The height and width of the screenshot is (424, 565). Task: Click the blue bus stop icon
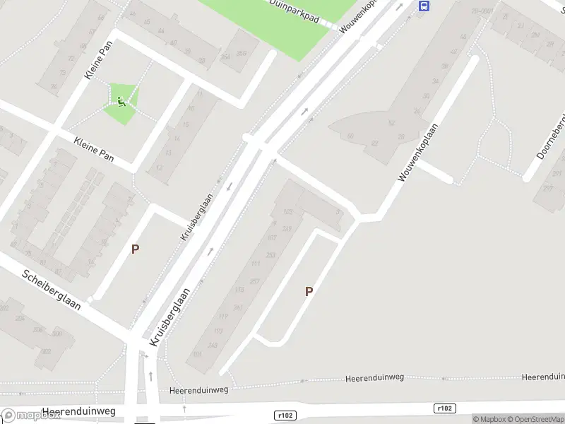424,6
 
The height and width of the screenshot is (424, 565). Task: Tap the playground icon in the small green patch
121,102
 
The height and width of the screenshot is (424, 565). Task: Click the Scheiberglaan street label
51,290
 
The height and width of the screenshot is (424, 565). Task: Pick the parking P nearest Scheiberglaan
135,249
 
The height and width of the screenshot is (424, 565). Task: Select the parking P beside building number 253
309,291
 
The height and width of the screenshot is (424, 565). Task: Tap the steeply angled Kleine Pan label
98,61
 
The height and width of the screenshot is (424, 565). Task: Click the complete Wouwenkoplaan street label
418,153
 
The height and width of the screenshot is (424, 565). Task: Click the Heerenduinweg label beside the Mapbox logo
78,411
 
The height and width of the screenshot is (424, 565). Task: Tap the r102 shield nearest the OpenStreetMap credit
444,408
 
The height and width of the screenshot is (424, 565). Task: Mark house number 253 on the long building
270,255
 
